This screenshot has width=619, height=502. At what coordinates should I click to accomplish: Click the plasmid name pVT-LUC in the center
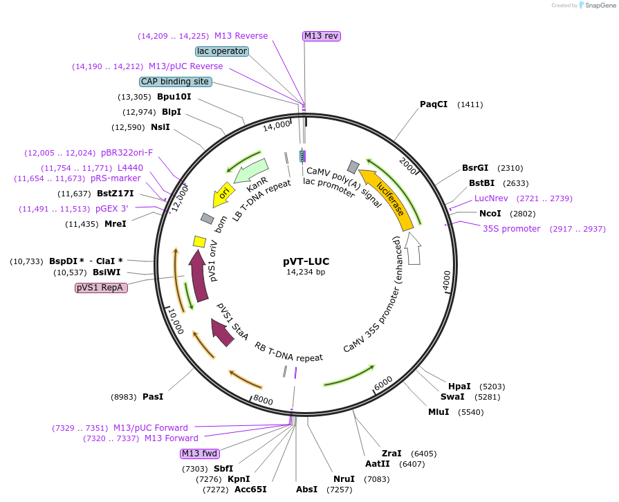[x=306, y=261]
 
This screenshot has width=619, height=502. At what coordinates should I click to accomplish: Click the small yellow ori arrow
[x=223, y=194]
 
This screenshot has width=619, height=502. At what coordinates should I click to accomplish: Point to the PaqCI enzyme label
[x=434, y=104]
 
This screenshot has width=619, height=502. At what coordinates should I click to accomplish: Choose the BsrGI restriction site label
[x=475, y=168]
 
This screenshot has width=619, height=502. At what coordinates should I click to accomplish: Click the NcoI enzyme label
[x=490, y=214]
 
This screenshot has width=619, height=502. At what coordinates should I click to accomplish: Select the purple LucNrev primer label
[x=491, y=198]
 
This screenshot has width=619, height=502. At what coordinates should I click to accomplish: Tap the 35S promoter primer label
[x=512, y=229]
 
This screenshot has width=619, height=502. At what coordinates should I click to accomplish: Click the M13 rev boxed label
[x=322, y=36]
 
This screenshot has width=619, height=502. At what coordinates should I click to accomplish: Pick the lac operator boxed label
[x=222, y=51]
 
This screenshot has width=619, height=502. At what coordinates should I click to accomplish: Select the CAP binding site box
[x=176, y=82]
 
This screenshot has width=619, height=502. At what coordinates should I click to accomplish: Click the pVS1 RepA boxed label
[x=102, y=288]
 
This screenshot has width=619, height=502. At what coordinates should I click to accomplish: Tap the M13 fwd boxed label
[x=199, y=454]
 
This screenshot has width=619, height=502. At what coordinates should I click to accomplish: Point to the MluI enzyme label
[x=438, y=412]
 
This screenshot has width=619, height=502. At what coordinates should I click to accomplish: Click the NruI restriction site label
[x=344, y=479]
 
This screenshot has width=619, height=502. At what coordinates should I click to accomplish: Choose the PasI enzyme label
[x=153, y=397]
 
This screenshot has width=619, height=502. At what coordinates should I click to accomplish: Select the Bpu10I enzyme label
[x=174, y=97]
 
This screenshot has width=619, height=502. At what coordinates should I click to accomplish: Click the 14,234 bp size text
[x=306, y=272]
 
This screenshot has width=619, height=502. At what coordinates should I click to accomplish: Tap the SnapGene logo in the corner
[x=593, y=6]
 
